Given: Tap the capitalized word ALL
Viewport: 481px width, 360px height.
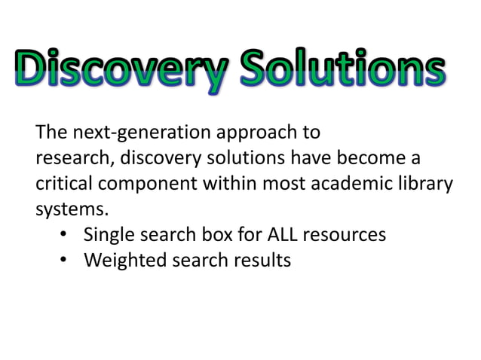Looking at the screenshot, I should [279, 235].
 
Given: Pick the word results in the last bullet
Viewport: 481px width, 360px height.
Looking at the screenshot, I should [256, 261].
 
